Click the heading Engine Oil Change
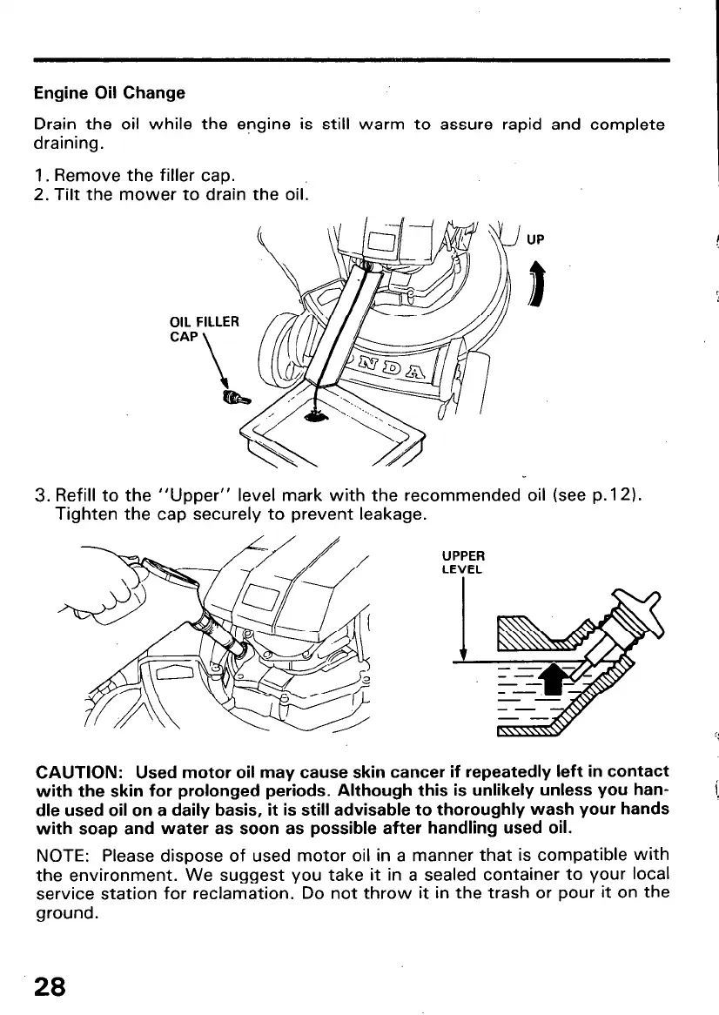tap(109, 92)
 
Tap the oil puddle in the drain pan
tap(317, 418)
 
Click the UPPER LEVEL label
tap(464, 562)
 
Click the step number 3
tap(41, 497)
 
